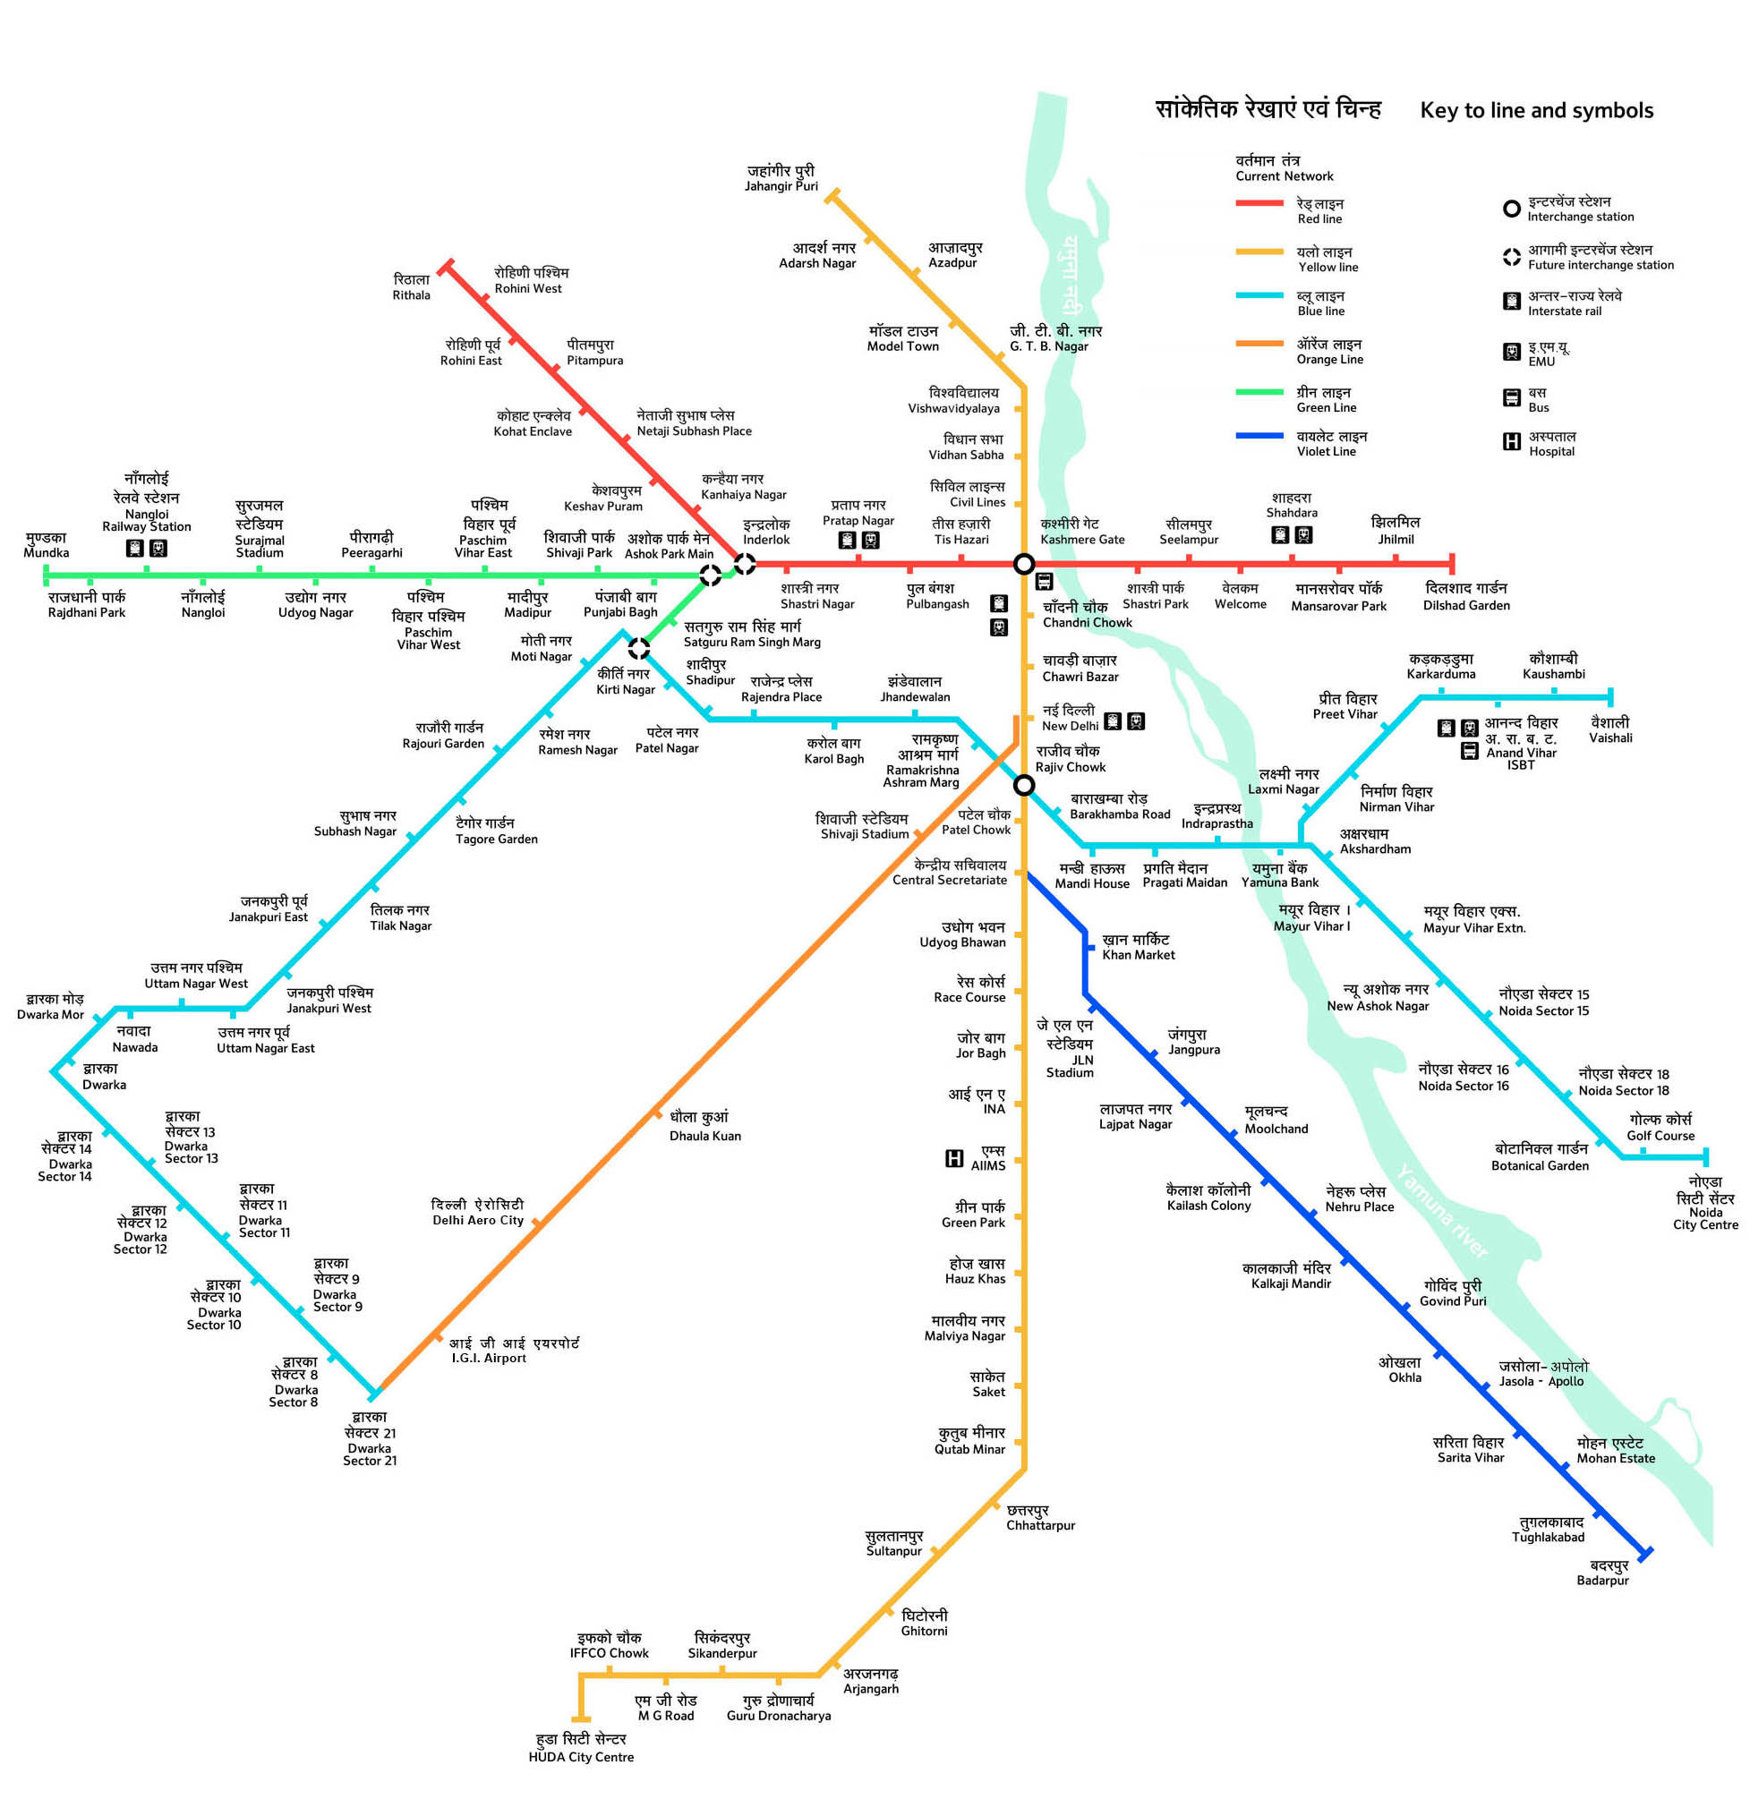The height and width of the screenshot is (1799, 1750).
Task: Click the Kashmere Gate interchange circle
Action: coord(1023,563)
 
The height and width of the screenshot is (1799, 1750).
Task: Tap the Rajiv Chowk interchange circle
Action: coord(1024,786)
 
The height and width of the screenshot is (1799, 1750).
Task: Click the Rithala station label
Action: coord(411,286)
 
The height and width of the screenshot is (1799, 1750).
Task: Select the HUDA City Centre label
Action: coord(581,1748)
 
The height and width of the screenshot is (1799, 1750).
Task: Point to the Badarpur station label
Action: coord(1602,1572)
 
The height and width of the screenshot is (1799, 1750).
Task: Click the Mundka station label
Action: coord(46,545)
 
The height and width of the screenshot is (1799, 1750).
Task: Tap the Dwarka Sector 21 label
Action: coord(370,1439)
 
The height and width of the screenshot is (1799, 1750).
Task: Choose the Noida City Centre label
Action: coord(1705,1203)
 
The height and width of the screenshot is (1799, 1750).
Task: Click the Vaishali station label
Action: coord(1609,729)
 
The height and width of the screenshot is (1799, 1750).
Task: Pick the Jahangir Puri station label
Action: coord(781,177)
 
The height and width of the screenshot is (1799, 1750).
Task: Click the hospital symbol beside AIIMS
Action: coord(955,1158)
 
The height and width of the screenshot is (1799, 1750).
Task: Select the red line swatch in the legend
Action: coord(1259,203)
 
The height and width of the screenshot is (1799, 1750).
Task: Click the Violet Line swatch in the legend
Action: coord(1259,437)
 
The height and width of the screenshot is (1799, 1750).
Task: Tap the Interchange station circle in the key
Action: coord(1511,209)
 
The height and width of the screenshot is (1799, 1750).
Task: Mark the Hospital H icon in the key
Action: coord(1511,442)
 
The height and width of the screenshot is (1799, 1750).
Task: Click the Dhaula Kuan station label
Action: coord(705,1126)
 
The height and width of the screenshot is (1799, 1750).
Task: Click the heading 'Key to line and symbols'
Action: coord(1536,110)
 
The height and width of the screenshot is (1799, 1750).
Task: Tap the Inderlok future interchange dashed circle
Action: coord(745,563)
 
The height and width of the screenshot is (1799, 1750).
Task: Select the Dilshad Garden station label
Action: coord(1466,596)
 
